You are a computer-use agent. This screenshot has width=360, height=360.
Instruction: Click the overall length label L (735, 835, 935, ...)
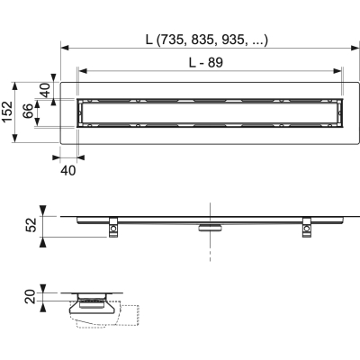point(210,39)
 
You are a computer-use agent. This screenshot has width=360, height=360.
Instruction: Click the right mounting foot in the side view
point(307,229)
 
